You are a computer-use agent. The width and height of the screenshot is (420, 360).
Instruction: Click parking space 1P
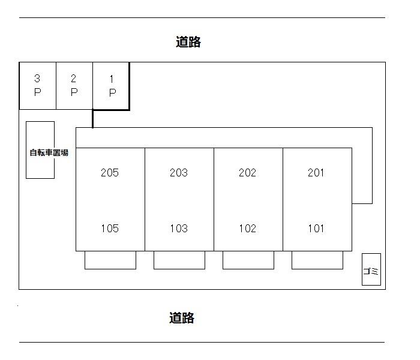tap(111, 86)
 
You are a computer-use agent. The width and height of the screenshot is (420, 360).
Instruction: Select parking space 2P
tap(74, 86)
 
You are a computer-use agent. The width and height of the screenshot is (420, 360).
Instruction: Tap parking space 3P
tap(37, 86)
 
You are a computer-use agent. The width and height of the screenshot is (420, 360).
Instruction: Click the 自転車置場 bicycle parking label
tap(49, 152)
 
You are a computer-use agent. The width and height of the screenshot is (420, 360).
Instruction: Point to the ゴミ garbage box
tap(371, 270)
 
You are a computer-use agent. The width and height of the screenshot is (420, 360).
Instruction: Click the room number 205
tap(110, 173)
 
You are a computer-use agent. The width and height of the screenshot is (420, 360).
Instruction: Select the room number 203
tap(179, 173)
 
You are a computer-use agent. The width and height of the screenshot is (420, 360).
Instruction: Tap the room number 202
tap(247, 173)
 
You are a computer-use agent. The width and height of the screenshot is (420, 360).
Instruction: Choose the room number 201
tap(316, 173)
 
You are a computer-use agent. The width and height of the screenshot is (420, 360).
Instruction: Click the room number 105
tap(110, 228)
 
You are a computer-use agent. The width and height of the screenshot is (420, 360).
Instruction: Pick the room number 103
tap(179, 228)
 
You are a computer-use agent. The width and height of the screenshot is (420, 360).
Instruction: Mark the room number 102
tap(247, 228)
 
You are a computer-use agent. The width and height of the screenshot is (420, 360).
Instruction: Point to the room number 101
tap(316, 228)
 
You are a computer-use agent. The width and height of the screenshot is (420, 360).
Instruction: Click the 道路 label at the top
tap(188, 42)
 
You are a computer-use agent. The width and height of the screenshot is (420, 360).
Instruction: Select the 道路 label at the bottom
tap(182, 318)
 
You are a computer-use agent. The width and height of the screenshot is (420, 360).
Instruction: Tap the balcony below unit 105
tap(110, 260)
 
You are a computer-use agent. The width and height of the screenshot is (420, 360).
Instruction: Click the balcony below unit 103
tap(179, 260)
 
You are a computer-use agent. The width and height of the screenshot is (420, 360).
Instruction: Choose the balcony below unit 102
tap(248, 260)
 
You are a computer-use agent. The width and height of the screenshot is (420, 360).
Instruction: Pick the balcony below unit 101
tap(317, 260)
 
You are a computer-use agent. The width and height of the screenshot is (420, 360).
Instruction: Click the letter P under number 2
tap(74, 92)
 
